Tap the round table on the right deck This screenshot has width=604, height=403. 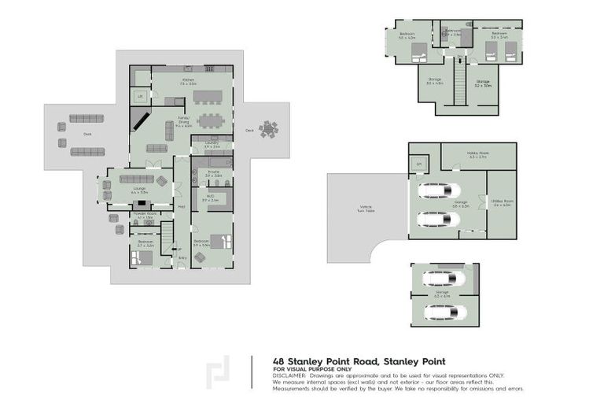[x=269, y=128]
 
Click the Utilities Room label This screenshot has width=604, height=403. [x=502, y=205]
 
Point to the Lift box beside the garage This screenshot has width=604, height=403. [x=419, y=164]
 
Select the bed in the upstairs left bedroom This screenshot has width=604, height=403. [x=418, y=51]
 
